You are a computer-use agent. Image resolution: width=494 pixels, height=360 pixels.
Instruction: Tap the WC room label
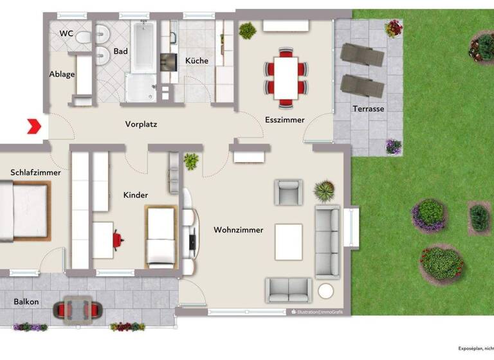(66, 33)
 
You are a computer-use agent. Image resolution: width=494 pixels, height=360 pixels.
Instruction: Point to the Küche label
(197, 60)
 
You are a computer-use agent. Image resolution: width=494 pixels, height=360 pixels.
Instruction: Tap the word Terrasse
(369, 109)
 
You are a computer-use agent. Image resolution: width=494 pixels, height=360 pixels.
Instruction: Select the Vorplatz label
(141, 124)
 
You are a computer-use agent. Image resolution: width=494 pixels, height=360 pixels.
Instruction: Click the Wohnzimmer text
(239, 230)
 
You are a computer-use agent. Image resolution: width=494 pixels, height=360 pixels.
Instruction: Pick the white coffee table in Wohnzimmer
(288, 242)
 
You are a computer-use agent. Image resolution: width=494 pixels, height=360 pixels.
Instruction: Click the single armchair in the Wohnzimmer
(288, 192)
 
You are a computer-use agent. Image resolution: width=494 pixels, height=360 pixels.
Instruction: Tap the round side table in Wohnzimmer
(327, 291)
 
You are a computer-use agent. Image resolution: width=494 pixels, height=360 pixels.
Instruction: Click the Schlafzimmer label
(35, 172)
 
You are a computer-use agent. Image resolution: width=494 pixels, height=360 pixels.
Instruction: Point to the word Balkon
(26, 301)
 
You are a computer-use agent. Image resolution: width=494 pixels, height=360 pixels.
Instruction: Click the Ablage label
(62, 74)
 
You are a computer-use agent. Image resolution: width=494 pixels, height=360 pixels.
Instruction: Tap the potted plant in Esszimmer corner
(248, 30)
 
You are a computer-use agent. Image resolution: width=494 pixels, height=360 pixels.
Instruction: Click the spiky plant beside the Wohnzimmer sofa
(324, 190)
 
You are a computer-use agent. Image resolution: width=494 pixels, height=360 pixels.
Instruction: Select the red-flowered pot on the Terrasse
(393, 28)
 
